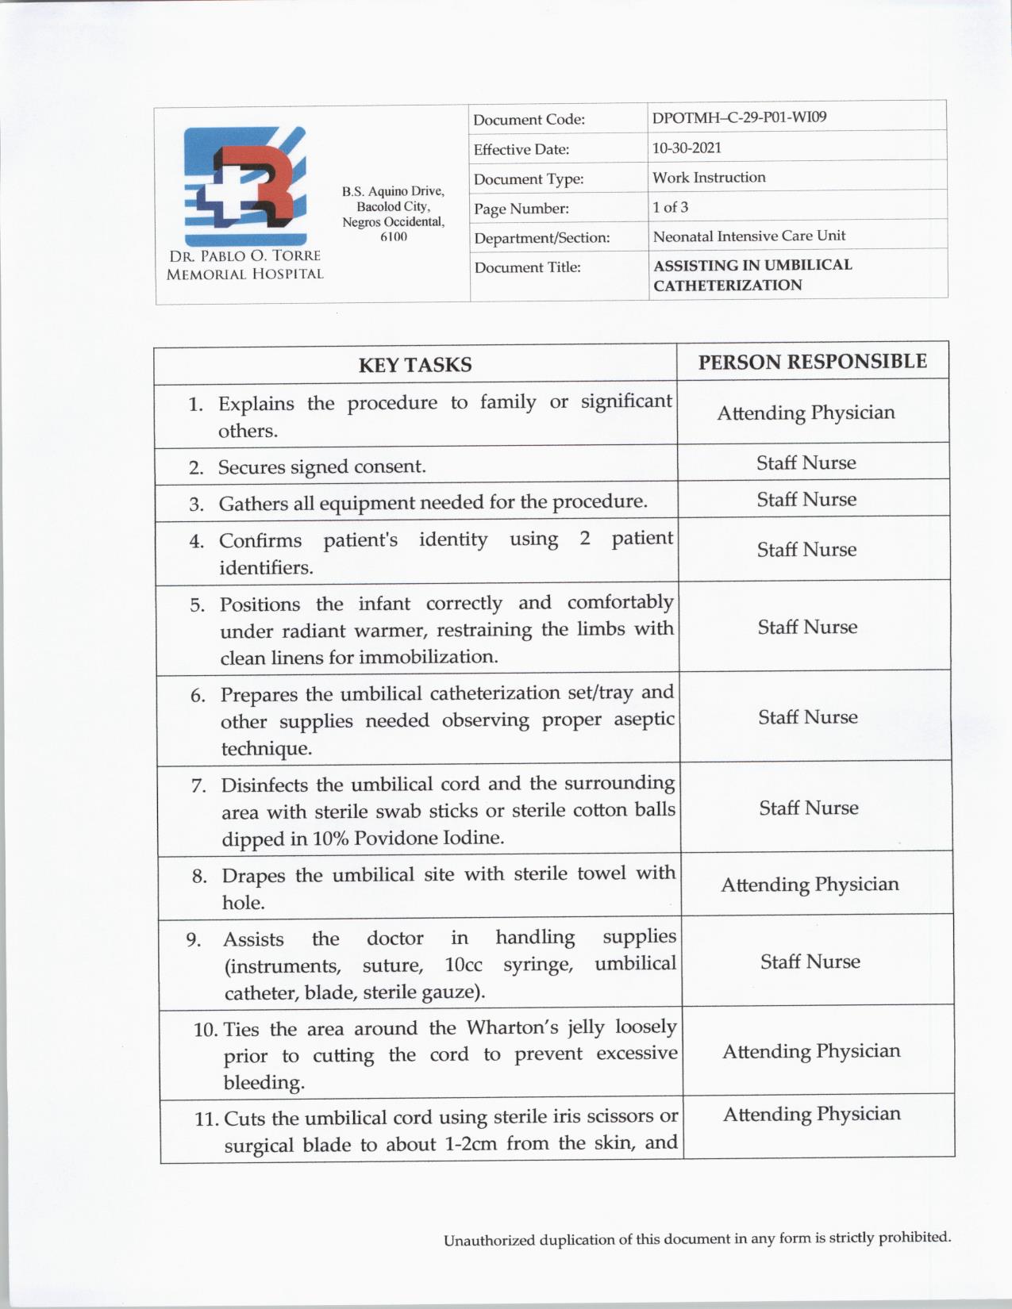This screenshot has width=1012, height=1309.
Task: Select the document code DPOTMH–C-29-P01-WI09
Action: (739, 117)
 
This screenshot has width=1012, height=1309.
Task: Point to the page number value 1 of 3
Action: (670, 207)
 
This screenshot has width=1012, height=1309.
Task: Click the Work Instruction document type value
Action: (709, 178)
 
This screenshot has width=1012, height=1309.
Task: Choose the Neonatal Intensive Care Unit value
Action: (748, 236)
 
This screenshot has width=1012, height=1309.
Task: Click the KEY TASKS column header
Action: (415, 364)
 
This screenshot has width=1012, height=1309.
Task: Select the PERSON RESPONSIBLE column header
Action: (812, 362)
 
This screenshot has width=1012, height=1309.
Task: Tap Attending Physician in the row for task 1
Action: (806, 413)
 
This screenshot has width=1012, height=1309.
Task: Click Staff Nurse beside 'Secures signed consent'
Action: (806, 463)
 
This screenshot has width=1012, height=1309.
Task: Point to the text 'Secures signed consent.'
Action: (321, 466)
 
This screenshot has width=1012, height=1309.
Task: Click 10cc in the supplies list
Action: (464, 965)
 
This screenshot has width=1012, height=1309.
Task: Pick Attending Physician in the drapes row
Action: (810, 885)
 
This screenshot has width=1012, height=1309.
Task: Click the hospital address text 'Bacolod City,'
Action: (393, 206)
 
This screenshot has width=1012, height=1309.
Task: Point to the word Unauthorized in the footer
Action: (489, 1240)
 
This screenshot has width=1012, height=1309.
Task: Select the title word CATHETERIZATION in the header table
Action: (727, 286)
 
